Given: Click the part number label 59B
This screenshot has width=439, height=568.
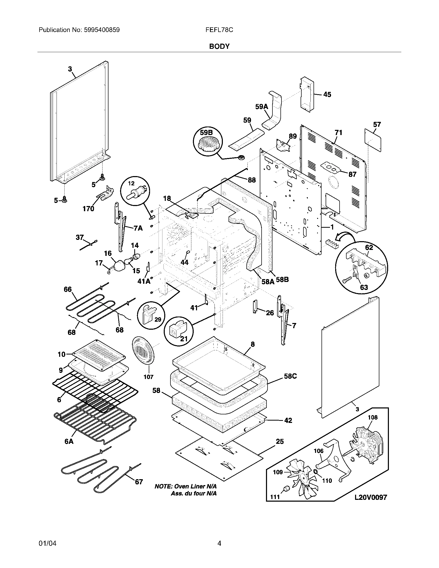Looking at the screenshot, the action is coord(206,133).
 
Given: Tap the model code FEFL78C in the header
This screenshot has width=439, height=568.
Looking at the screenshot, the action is coord(219,30).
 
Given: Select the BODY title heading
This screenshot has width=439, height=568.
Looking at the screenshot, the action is coord(219,46).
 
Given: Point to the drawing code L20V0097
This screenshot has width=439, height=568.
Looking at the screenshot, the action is coord(371,497).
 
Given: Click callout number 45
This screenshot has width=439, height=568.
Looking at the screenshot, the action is coord(327,95).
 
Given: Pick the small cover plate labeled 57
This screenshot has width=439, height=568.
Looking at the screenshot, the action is coord(373,140).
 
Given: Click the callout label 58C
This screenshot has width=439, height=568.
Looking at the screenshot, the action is coord(291,376).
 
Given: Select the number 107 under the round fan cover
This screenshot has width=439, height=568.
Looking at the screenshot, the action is coord(148,377).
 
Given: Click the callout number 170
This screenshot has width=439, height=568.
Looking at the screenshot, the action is coord(88,209).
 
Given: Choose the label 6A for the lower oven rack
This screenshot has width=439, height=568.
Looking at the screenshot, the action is coord(69,441).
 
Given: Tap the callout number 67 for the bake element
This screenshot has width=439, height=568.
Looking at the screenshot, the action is coord(139,482).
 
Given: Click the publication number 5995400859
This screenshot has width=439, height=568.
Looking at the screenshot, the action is coord(102,30).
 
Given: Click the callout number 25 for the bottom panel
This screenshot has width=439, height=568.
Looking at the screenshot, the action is coord(280,441).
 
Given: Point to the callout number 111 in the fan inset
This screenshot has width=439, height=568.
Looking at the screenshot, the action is coord(275,497).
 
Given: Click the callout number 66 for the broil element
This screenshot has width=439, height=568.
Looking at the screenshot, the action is coord(68,289).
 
